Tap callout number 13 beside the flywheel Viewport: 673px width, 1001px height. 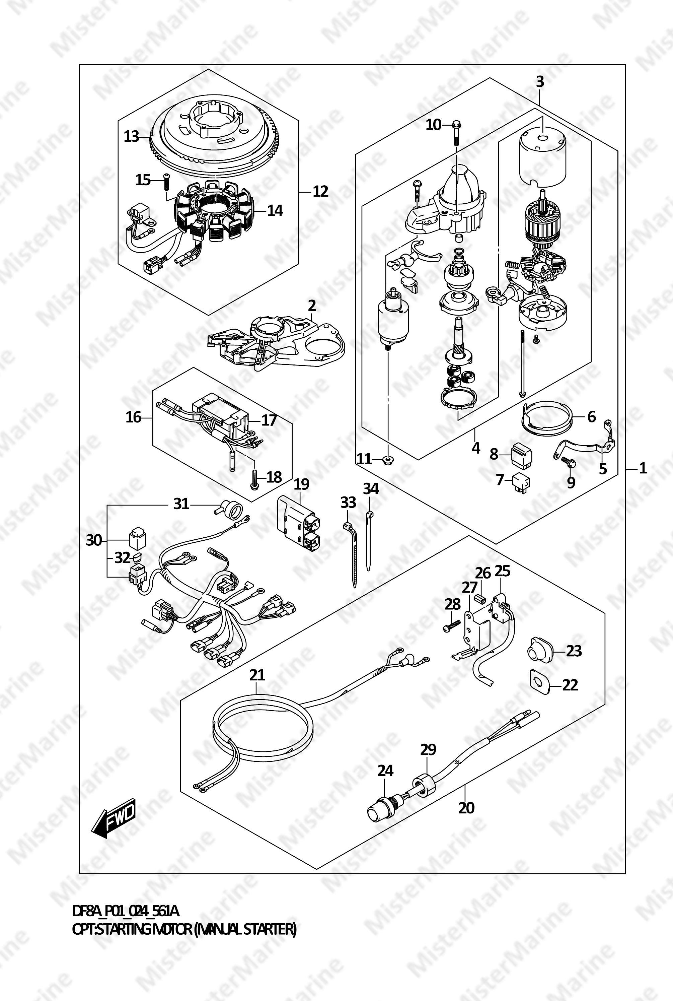click(132, 137)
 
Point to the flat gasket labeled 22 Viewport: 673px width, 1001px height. click(539, 684)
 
